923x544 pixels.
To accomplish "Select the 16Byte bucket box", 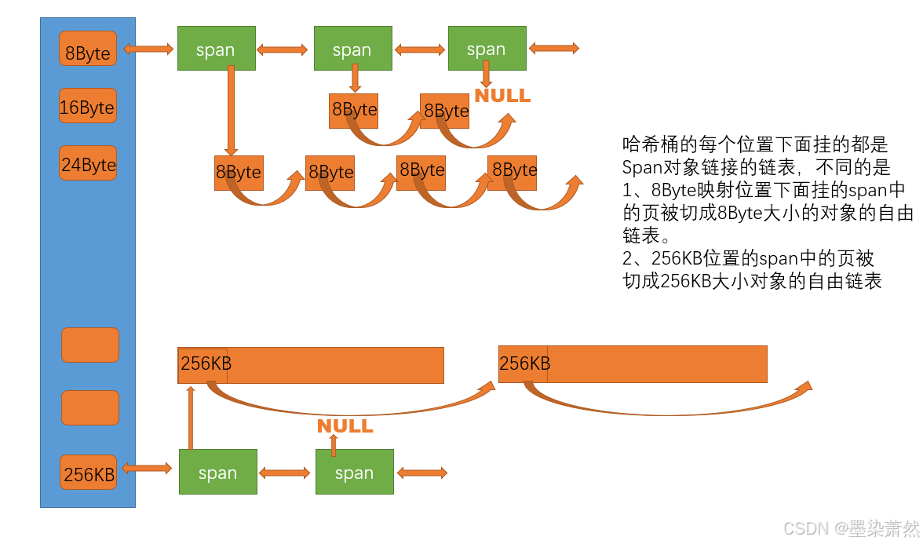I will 88,106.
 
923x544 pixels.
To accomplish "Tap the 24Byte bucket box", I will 88,163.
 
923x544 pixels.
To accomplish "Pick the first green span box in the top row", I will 216,49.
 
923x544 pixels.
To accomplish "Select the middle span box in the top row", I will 352,49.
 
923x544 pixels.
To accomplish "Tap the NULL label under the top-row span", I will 502,96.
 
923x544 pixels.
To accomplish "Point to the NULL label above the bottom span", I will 345,426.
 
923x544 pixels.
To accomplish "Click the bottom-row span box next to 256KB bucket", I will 217,472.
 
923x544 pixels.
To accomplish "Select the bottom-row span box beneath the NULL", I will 354,472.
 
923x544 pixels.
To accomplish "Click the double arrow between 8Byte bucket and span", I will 148,49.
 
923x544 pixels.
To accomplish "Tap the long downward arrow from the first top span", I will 231,110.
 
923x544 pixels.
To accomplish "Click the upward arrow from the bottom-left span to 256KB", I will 190,416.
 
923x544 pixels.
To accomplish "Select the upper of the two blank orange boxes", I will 90,345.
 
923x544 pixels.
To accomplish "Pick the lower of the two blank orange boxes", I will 90,407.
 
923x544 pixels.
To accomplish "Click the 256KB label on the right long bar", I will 524,364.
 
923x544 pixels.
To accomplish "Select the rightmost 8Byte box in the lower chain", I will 512,172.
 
